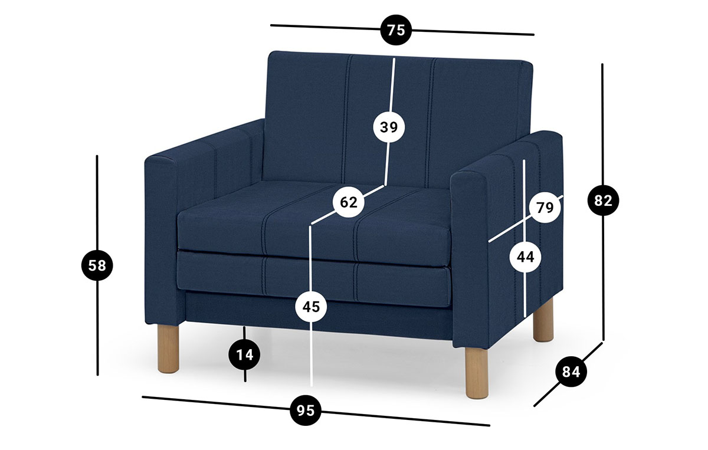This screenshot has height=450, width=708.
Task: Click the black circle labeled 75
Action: (396, 29)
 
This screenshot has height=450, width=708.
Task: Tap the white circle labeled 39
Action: (389, 127)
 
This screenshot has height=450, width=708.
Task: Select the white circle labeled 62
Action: (349, 202)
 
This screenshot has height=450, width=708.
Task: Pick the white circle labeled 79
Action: (545, 208)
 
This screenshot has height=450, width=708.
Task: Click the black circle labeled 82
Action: (603, 201)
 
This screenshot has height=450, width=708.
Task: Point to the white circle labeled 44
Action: (525, 257)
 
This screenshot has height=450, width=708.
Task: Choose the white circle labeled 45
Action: (312, 307)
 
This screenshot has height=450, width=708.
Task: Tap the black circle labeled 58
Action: (97, 265)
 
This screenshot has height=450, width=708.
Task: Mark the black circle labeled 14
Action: (245, 355)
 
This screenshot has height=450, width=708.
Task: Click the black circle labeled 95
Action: (306, 410)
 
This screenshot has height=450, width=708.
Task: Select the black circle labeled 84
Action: (571, 372)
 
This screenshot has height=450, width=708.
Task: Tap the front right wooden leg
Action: (477, 373)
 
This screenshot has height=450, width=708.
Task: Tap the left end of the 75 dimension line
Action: (271, 25)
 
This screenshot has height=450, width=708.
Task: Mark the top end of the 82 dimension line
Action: (602, 64)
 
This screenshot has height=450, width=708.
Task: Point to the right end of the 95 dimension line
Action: (489, 425)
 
